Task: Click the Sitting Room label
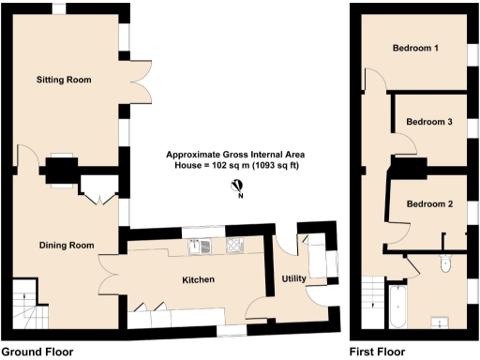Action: pos(64,80)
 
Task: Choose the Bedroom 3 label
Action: pos(429,122)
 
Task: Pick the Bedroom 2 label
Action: pos(429,204)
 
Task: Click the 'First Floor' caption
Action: pos(377,352)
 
